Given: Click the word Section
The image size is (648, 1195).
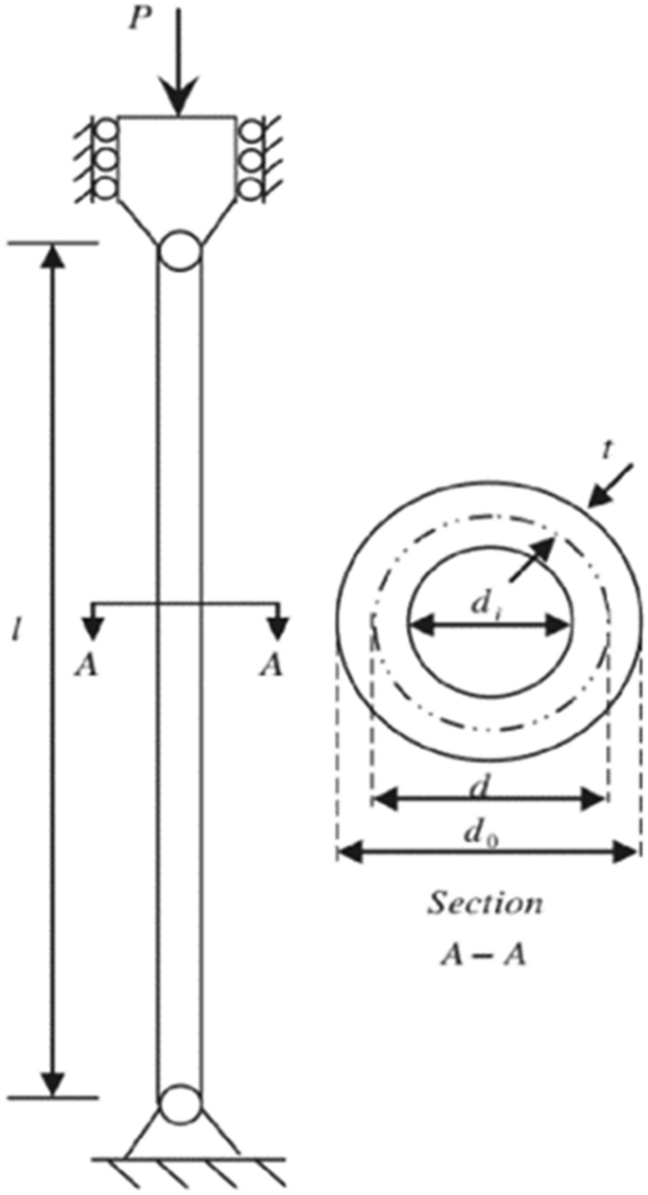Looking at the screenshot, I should tap(486, 904).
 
